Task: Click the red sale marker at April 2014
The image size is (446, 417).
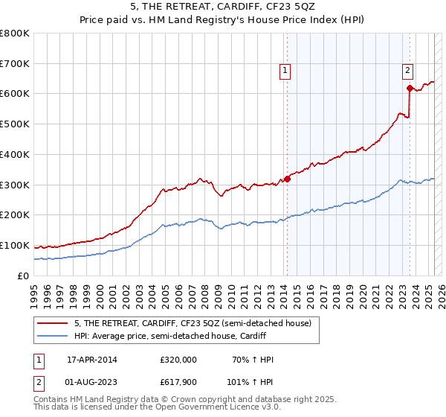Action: coord(287,179)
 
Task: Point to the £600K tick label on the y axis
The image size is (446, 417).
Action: coord(15,94)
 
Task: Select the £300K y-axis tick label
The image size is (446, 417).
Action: coord(15,185)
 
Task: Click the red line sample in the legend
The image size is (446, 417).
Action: coord(53,323)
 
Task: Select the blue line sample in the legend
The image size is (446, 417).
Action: coord(53,336)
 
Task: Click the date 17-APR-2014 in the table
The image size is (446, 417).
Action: coord(92,360)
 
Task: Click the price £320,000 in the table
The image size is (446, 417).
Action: coord(178,360)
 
